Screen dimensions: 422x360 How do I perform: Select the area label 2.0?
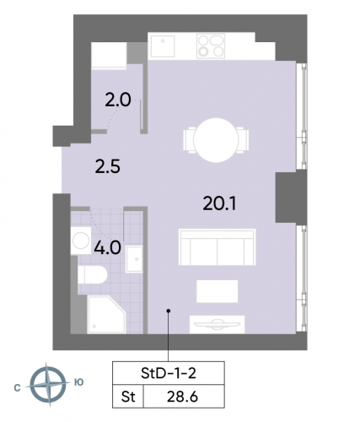[x=118, y=99]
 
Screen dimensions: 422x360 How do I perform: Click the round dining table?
[x=217, y=137]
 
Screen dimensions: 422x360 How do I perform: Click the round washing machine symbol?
[x=82, y=241]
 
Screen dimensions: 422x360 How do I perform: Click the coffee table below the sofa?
[x=218, y=289]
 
